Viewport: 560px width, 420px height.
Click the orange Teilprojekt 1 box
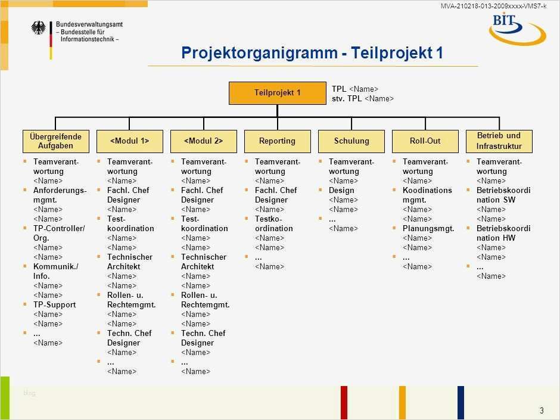277,93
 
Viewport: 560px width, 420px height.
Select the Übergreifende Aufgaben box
55,141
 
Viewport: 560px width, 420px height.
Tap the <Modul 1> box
129,141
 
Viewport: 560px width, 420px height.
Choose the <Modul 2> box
203,141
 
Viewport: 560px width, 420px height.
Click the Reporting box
277,141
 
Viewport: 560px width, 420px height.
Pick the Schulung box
351,141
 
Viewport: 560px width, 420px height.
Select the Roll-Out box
425,141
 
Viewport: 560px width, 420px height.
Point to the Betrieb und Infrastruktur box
499,141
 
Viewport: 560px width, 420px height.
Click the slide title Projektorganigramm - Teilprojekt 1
312,53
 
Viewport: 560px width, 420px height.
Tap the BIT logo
516,28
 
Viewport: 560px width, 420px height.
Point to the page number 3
542,410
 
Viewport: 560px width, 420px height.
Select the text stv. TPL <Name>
362,99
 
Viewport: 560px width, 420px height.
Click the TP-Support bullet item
54,305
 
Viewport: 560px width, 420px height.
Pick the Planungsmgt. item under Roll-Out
428,229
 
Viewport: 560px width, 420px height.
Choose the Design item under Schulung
341,191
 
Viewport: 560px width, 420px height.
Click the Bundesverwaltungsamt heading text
89,24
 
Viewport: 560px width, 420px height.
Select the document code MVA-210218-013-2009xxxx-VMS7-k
493,6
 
